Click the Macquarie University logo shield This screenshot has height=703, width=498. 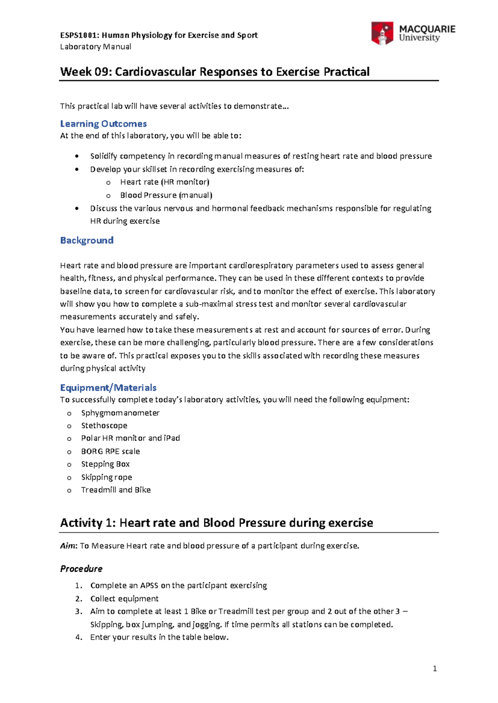tap(382, 33)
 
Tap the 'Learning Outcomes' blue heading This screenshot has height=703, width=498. tap(103, 124)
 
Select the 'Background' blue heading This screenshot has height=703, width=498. tap(87, 240)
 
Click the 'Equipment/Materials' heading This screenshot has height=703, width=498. tap(108, 388)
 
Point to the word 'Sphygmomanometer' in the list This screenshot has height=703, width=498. tap(120, 413)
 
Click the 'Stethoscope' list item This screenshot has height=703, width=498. tap(104, 426)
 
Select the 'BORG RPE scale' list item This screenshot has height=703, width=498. tap(110, 451)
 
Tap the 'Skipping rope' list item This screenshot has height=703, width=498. tap(107, 477)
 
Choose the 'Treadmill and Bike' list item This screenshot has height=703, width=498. tap(116, 490)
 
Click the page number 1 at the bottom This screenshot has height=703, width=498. tap(435, 668)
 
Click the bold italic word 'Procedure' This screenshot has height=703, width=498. tap(81, 569)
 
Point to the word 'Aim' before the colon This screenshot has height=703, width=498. tap(68, 546)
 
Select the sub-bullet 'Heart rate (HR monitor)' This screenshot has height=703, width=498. tap(165, 182)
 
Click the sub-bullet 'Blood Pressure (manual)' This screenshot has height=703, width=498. tap(166, 195)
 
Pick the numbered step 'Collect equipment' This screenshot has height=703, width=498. tap(124, 599)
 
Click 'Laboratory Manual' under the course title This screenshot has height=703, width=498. tap(95, 47)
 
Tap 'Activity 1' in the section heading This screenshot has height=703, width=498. tap(87, 523)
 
